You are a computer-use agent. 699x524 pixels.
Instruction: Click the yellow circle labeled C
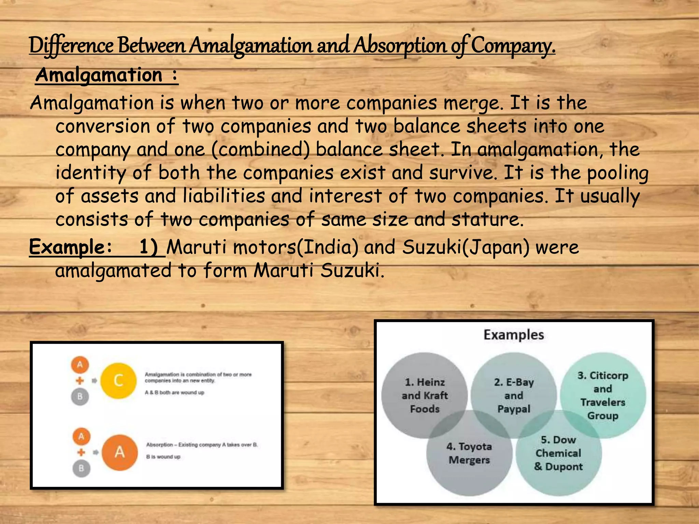118,380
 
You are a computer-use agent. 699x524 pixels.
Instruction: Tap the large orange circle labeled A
119,452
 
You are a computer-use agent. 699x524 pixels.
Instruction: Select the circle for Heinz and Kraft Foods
425,395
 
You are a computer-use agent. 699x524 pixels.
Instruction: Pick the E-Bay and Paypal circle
514,395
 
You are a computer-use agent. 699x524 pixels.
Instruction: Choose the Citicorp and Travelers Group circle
603,395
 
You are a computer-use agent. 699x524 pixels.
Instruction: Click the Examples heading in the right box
514,335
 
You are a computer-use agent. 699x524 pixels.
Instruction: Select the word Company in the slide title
513,46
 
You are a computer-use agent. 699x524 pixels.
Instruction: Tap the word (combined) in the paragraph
260,149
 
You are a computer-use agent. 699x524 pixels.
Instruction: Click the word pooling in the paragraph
617,173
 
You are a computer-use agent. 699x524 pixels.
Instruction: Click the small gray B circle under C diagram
80,396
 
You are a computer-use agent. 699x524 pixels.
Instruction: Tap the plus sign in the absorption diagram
81,452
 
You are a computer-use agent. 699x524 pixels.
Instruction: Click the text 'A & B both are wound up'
174,393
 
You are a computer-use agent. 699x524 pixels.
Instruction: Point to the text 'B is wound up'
163,457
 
